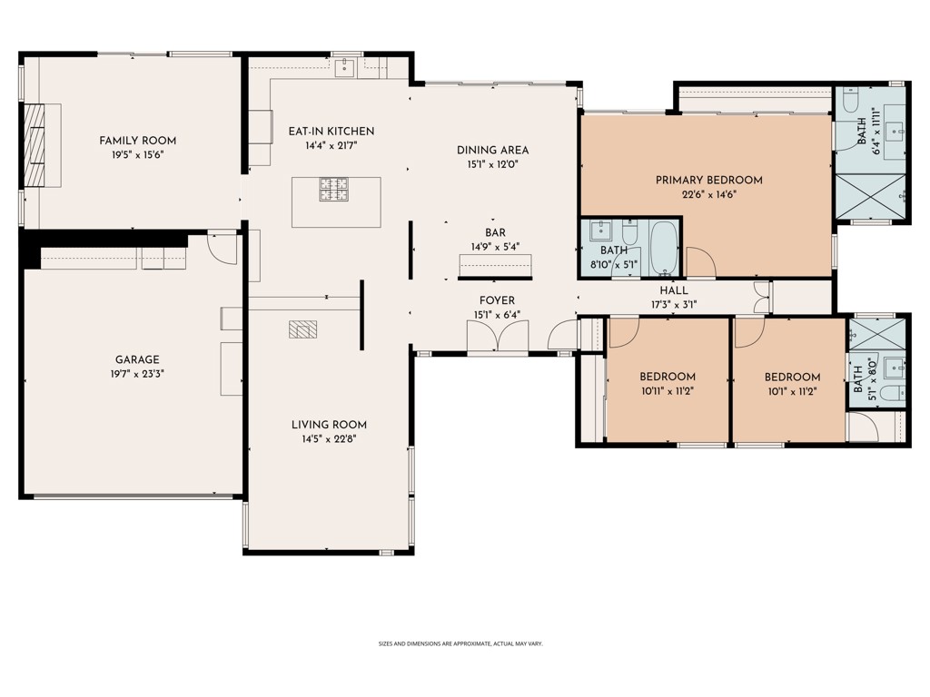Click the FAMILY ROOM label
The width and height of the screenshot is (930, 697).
(137, 141)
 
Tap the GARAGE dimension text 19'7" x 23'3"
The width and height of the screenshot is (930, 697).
(137, 372)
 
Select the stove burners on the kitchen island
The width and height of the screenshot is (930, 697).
(333, 189)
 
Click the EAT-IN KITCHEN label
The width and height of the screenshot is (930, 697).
(331, 132)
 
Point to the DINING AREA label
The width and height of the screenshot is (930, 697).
(492, 151)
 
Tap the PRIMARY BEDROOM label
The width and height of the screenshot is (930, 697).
(708, 181)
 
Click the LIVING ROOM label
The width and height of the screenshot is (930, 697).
(329, 425)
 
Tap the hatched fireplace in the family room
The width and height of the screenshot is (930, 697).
(35, 144)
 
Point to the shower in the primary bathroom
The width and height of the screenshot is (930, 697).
(870, 196)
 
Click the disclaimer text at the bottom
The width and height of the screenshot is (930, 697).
(460, 643)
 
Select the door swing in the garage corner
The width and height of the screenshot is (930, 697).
(222, 247)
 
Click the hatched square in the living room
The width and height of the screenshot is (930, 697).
(302, 329)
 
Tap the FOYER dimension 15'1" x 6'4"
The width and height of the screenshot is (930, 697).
(497, 315)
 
